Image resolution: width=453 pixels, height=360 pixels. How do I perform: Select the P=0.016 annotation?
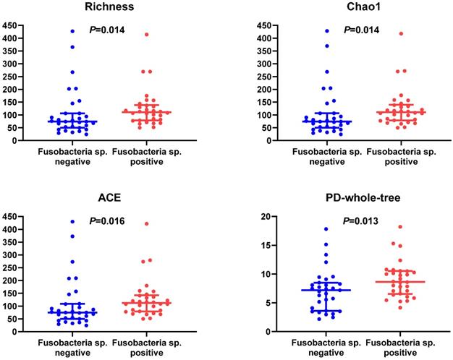(x=107, y=221)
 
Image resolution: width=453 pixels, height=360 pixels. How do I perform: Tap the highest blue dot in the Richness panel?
(x=72, y=31)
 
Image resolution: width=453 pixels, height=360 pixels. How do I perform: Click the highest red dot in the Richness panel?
(x=146, y=34)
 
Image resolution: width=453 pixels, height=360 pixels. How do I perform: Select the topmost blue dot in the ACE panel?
(x=72, y=222)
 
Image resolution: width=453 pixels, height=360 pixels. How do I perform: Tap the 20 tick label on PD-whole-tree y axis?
(x=266, y=217)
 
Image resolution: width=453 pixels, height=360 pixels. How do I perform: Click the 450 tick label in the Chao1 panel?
(x=263, y=26)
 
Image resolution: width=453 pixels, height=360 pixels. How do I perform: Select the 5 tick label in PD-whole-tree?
(x=268, y=303)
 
